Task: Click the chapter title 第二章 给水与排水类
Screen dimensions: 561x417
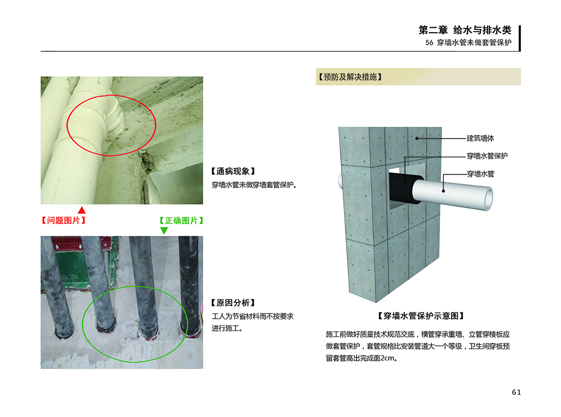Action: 465,30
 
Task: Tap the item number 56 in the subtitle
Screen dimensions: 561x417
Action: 429,43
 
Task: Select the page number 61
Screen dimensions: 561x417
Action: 516,393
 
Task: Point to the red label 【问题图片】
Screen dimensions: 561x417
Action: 64,220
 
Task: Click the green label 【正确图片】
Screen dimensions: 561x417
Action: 182,220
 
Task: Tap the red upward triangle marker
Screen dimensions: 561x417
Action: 82,210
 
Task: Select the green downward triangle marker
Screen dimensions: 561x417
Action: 164,231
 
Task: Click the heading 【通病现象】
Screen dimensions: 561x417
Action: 233,171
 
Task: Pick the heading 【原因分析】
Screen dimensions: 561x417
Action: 233,302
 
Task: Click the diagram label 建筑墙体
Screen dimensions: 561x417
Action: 480,138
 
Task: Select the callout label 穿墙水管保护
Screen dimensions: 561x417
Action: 487,156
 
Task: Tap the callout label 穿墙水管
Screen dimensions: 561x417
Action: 480,173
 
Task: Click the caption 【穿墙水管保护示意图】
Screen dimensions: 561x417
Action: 421,316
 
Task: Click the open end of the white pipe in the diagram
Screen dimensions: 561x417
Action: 488,198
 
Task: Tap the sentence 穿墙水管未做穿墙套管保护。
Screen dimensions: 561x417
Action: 254,185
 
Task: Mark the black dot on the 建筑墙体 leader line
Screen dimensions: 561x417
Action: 417,138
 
